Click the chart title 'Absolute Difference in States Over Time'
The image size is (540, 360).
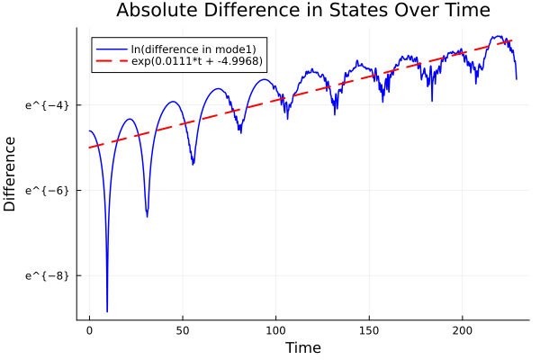302,11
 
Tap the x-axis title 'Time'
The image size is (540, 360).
302,347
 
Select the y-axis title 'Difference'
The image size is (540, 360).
10,174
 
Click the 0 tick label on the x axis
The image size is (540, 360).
89,330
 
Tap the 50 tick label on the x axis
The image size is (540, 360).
183,330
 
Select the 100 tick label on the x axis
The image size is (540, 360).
275,330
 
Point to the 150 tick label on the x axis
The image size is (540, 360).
369,330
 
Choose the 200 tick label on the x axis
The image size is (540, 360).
463,330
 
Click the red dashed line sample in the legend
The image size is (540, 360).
112,62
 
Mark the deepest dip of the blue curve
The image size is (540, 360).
107,310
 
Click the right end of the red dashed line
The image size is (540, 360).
512,40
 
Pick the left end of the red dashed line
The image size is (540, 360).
89,148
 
